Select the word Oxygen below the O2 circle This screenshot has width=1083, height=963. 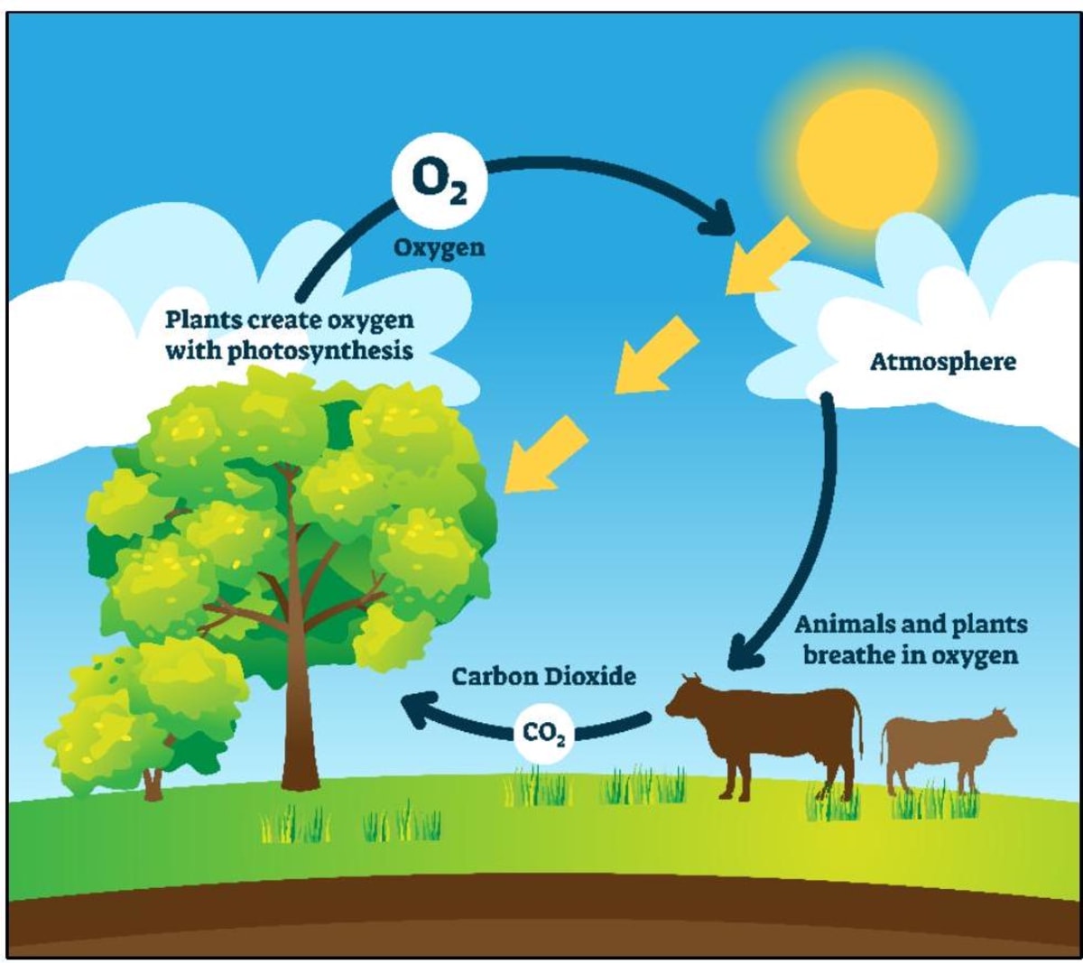[x=439, y=246]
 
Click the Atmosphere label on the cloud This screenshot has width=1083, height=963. [x=942, y=362]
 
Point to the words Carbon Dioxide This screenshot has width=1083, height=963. [x=543, y=676]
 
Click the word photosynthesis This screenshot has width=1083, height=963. [x=319, y=350]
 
